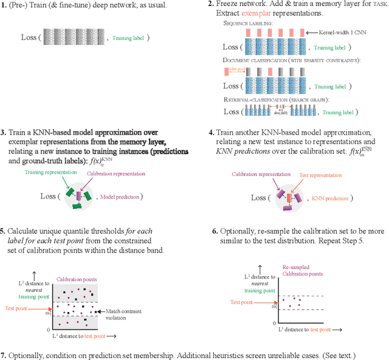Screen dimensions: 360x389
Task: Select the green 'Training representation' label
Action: (x=50, y=172)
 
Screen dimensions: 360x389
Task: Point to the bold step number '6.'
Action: (x=215, y=231)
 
